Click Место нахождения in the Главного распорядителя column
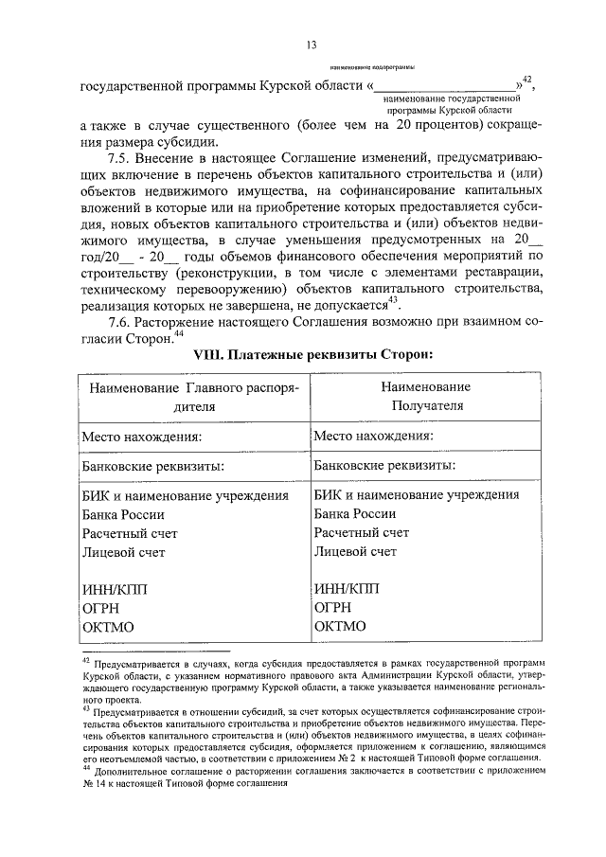tap(142, 437)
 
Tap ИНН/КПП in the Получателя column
tap(349, 588)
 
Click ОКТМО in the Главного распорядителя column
tap(109, 627)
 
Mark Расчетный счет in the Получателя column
tap(362, 533)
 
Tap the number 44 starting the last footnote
tap(85, 770)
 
